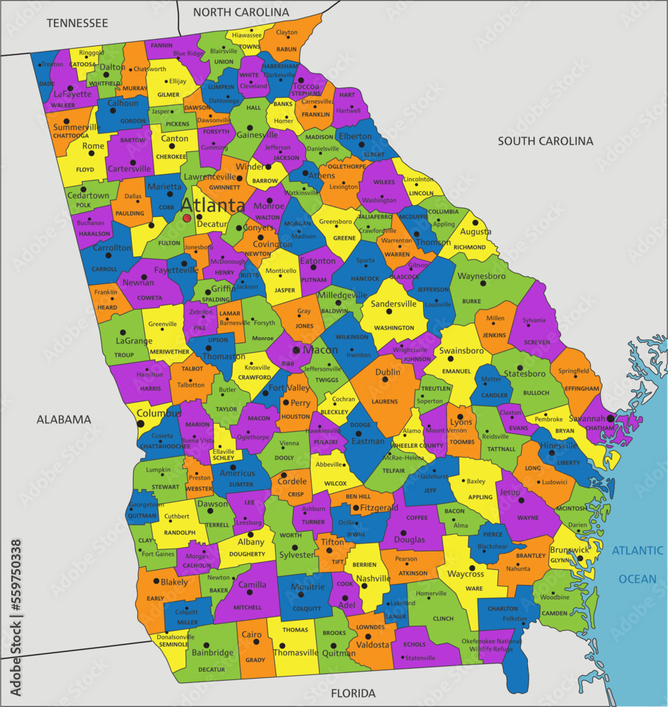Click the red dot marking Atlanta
187,218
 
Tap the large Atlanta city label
213,206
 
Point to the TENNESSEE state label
77,23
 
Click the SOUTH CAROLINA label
545,141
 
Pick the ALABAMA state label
64,419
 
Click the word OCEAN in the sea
638,579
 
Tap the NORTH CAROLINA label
241,12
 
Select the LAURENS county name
385,402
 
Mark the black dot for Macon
296,350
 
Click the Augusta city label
476,232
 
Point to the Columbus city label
154,412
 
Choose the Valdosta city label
372,645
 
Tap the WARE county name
474,588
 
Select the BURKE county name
471,301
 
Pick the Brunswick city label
569,549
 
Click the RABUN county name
287,49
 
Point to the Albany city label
250,542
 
